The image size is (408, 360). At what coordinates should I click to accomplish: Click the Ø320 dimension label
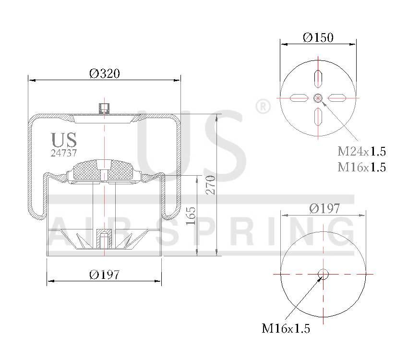(x=104, y=73)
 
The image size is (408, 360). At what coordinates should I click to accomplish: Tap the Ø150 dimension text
(x=318, y=37)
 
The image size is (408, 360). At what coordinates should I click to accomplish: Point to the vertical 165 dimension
(x=191, y=216)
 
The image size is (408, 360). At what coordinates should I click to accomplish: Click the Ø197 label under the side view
(x=104, y=275)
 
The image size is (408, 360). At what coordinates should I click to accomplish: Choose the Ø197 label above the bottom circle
(x=324, y=208)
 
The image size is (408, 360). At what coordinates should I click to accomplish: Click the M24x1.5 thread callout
(x=361, y=152)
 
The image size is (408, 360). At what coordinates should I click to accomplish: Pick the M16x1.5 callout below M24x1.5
(x=361, y=167)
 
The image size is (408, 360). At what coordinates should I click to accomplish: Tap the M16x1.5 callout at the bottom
(x=286, y=329)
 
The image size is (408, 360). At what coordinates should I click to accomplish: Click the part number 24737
(x=64, y=153)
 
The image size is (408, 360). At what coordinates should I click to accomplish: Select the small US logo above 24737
(x=64, y=140)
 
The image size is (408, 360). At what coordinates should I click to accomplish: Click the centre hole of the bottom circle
(x=323, y=274)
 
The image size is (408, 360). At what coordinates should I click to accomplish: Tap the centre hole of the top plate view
(x=318, y=98)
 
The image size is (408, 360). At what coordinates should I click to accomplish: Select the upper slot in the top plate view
(x=318, y=78)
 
